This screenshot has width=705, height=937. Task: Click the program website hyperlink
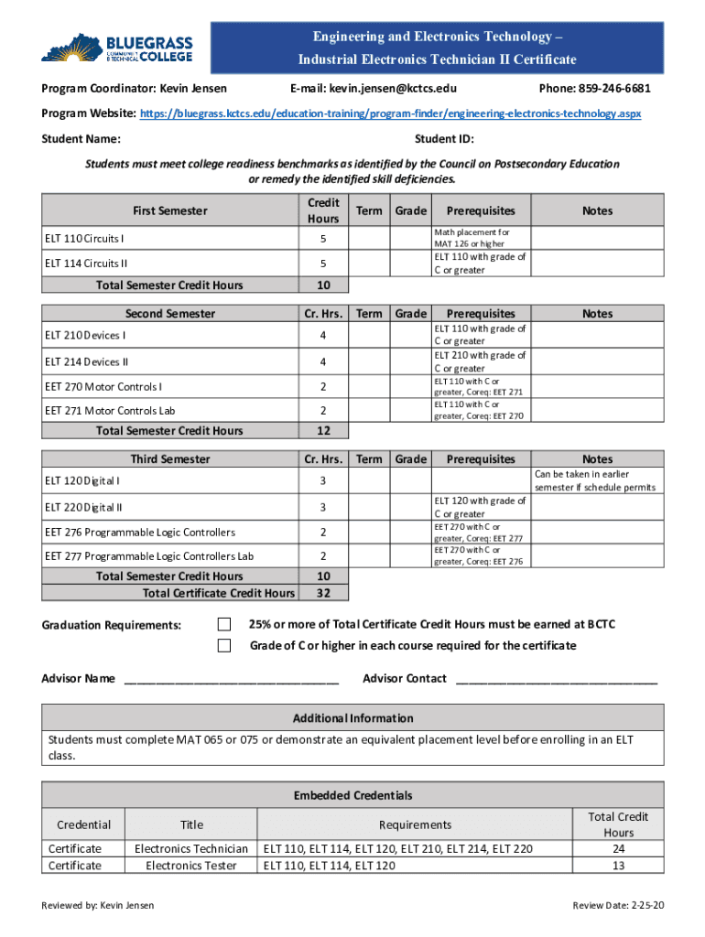pyautogui.click(x=390, y=113)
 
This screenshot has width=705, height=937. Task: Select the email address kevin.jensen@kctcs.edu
pyautogui.click(x=373, y=89)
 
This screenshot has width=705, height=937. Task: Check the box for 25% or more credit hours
pyautogui.click(x=224, y=624)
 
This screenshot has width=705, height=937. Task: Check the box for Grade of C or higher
pyautogui.click(x=224, y=646)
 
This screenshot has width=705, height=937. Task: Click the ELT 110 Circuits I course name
pyautogui.click(x=85, y=239)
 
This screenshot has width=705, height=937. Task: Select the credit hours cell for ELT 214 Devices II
pyautogui.click(x=323, y=361)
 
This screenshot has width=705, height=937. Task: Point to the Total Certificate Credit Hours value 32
pyautogui.click(x=323, y=593)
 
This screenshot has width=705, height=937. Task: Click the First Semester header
pyautogui.click(x=170, y=210)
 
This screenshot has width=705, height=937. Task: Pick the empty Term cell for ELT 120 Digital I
pyautogui.click(x=369, y=480)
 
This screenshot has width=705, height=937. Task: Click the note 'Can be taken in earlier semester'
pyautogui.click(x=595, y=480)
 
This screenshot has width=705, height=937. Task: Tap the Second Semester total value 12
pyautogui.click(x=323, y=431)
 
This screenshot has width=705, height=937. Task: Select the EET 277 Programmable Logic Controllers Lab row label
pyautogui.click(x=149, y=556)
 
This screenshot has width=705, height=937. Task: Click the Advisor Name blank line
pyautogui.click(x=231, y=679)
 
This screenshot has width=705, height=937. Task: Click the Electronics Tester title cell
pyautogui.click(x=191, y=865)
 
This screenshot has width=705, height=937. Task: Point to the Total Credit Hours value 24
pyautogui.click(x=618, y=848)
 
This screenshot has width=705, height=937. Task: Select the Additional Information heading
pyautogui.click(x=352, y=718)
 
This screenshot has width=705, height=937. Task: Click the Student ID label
pyautogui.click(x=444, y=139)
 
